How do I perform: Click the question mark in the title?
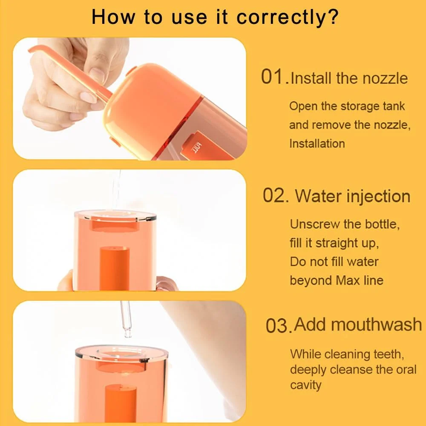333,17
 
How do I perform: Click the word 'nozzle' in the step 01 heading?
385,78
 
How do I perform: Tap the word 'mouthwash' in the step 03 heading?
358,324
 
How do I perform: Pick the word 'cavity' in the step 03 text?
305,385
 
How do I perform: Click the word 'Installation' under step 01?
317,144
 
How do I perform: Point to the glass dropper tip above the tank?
128,333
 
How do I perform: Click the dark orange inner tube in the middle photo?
114,268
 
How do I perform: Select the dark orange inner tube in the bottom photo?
121,403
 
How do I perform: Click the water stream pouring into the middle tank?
117,190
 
